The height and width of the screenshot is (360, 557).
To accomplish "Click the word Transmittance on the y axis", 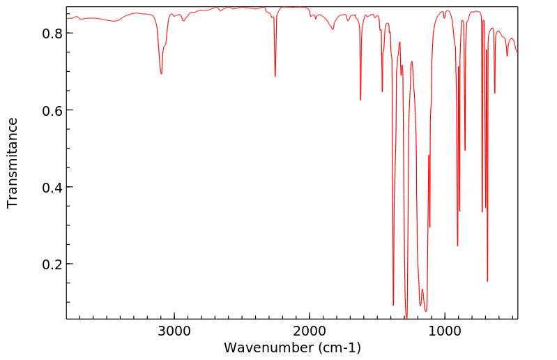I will pos(13,163).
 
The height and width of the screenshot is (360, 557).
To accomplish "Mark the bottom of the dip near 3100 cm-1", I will pos(161,74).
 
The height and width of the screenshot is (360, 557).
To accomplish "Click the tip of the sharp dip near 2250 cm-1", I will pos(275,76).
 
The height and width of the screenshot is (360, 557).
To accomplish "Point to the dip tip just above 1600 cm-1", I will pos(360,100).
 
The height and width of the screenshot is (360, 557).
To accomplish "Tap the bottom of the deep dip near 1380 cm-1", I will pos(393,305).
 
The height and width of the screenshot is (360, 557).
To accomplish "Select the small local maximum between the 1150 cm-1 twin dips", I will pos(422,289).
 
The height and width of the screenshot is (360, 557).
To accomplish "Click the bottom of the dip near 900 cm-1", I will pos(457,246).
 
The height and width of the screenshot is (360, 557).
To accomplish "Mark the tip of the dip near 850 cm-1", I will pos(465,150).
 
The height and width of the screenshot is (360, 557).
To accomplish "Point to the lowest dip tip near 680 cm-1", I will pos(487,281).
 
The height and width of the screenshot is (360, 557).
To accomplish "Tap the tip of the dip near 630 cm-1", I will pos(495,93).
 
